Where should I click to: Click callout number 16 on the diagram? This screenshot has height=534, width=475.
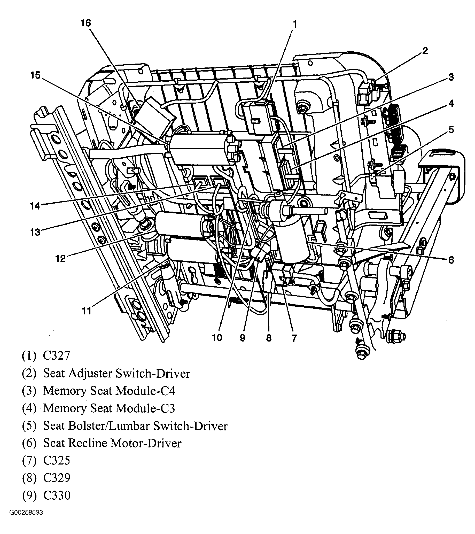click(85, 24)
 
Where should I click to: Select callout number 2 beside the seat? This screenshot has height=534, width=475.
click(425, 51)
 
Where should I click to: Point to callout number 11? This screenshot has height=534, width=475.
click(86, 311)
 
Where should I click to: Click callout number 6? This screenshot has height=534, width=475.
click(451, 260)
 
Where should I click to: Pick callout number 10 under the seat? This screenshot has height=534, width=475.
click(217, 338)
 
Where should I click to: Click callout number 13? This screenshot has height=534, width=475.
click(35, 232)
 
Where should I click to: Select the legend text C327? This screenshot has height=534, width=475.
click(56, 355)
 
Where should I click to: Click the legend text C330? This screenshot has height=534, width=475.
click(57, 495)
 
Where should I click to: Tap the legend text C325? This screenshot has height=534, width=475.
click(56, 460)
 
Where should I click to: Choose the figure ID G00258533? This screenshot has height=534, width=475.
click(26, 520)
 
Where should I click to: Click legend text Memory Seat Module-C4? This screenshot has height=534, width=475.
click(109, 391)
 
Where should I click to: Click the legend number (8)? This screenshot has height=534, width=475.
click(29, 478)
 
